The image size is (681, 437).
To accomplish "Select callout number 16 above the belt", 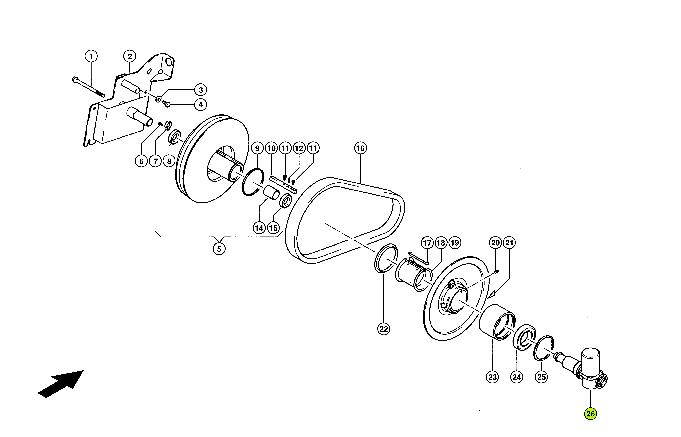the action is tap(360, 148).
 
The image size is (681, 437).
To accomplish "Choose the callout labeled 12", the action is tap(299, 148).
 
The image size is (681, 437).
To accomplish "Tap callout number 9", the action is tap(257, 148).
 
